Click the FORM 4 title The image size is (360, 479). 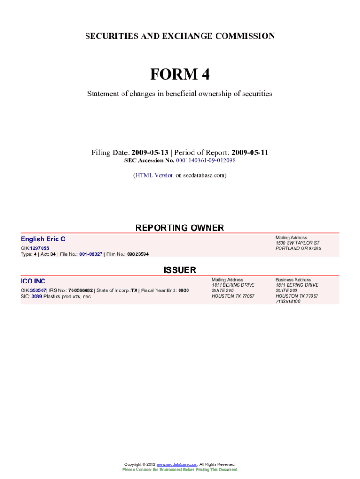point(180,74)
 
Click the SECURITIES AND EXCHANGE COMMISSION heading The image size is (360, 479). point(180,36)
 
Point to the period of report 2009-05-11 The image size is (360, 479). point(250,153)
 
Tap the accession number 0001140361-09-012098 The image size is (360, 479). point(206,160)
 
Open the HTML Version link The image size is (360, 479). point(154,175)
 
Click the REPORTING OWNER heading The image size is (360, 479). point(180,228)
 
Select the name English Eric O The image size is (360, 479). point(43,239)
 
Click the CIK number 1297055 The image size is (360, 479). point(39,248)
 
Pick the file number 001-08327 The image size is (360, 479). point(91,254)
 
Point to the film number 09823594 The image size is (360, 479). point(138,254)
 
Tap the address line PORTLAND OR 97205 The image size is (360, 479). point(298,248)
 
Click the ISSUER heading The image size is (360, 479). point(180,270)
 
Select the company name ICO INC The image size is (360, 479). point(33,281)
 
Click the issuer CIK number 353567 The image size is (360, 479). point(38,290)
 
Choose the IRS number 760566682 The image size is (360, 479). point(80,290)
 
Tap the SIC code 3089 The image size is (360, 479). point(36,296)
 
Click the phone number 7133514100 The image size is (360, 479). point(288,302)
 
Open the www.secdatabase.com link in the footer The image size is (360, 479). point(177,464)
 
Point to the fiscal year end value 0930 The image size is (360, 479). point(183,290)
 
